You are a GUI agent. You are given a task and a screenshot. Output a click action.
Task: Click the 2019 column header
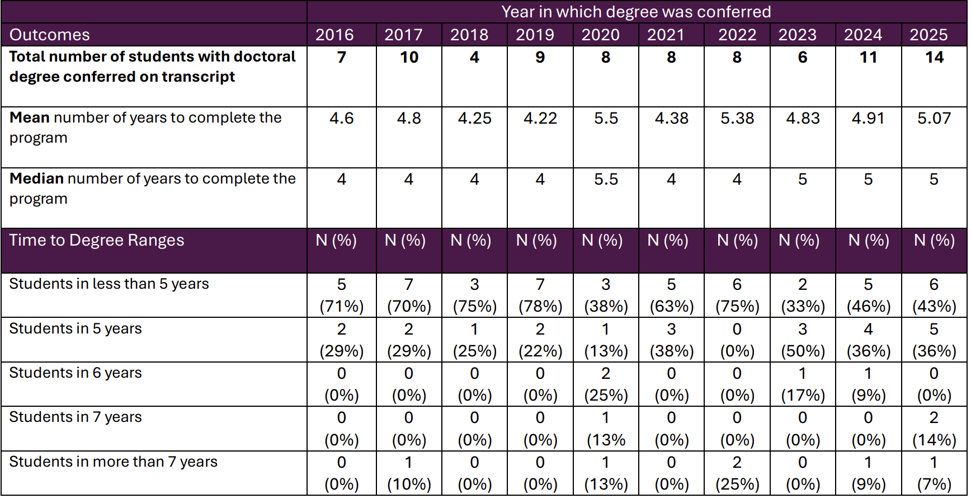(x=535, y=35)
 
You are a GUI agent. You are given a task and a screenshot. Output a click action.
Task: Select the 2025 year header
(x=928, y=35)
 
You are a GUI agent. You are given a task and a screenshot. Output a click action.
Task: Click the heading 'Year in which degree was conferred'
(x=636, y=12)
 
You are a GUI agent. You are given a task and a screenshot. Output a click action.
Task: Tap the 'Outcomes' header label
(x=50, y=35)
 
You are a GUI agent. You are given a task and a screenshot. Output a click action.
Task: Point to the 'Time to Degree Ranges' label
(x=97, y=240)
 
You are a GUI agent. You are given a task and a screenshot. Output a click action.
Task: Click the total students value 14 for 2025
(x=934, y=57)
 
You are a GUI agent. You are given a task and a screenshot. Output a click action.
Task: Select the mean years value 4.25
(x=474, y=119)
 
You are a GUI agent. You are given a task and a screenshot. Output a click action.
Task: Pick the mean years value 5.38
(x=737, y=119)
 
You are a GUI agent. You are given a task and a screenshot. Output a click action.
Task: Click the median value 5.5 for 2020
(x=606, y=179)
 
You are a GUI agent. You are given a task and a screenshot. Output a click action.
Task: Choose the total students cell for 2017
(x=409, y=57)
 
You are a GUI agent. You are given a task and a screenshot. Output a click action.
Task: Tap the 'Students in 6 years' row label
(x=76, y=373)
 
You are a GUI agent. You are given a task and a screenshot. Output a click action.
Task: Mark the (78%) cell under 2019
(x=540, y=306)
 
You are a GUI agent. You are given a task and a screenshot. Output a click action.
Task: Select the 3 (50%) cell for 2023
(x=803, y=340)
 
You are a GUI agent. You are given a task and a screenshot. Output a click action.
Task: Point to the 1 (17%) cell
(x=803, y=384)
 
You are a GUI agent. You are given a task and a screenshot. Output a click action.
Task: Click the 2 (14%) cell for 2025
(x=934, y=429)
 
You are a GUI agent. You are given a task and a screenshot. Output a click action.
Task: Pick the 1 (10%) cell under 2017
(x=409, y=473)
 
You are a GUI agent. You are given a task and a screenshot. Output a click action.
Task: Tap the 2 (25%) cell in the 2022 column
(x=737, y=473)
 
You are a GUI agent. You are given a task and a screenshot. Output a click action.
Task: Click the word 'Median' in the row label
(x=36, y=178)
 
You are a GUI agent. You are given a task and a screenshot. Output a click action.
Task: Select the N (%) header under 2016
(x=336, y=240)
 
